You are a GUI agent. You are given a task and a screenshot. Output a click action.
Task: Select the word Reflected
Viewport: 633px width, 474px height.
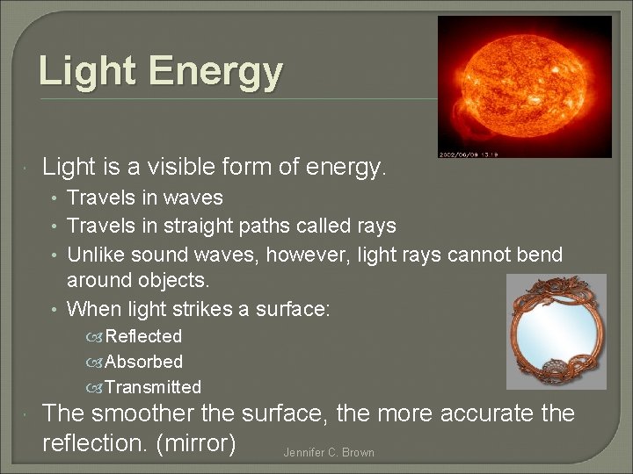(x=143, y=336)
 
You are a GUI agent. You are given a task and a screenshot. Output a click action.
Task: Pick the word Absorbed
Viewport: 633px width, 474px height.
(x=144, y=362)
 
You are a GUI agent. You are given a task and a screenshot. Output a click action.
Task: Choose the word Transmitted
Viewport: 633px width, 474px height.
(x=153, y=387)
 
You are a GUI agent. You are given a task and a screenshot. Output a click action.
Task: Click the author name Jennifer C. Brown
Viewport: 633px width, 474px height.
(x=329, y=453)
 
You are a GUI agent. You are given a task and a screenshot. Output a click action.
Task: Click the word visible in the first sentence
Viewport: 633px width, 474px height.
(x=173, y=166)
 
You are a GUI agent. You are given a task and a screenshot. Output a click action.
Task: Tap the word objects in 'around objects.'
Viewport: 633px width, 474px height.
(x=171, y=281)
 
